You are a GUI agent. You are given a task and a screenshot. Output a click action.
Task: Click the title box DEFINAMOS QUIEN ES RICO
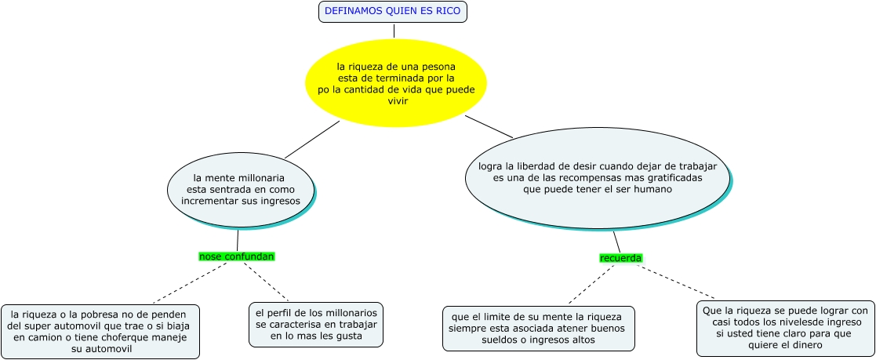(393, 11)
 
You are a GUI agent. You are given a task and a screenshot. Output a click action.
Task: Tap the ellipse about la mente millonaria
(240, 189)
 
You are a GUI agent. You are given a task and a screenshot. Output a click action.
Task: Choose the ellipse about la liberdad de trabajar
(598, 178)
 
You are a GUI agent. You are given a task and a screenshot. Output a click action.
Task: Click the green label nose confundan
(237, 256)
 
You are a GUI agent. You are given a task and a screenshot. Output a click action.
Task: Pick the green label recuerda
(620, 258)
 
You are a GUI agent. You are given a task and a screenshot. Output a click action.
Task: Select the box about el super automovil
(100, 331)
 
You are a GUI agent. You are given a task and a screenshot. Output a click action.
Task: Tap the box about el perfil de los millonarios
(316, 325)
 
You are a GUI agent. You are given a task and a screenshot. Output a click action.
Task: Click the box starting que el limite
(538, 329)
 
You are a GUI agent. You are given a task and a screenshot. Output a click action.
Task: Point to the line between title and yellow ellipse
(394, 31)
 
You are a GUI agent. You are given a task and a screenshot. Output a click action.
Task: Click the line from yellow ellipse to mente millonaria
(311, 140)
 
